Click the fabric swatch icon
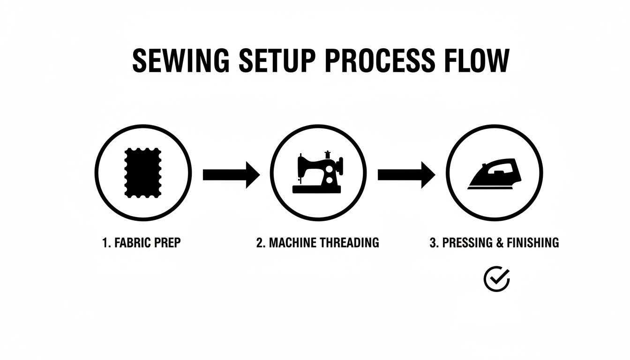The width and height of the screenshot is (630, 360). [143, 173]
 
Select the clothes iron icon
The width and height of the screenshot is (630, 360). [495, 174]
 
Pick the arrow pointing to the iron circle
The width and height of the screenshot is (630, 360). [406, 175]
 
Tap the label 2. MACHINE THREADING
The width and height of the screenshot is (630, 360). [317, 243]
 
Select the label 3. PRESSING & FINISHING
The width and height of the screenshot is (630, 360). [494, 243]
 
